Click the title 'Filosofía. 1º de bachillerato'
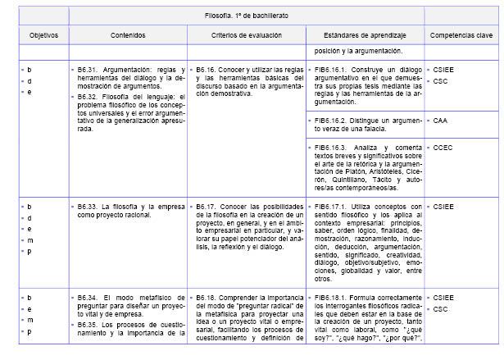coord(246,16)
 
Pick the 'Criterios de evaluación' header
coord(245,36)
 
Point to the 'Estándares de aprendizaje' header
coord(364,36)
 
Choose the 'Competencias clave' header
coord(461,36)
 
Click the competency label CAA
coord(441,120)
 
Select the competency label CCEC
coord(443,147)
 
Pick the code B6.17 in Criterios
coord(208,206)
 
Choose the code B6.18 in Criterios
coord(208,297)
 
